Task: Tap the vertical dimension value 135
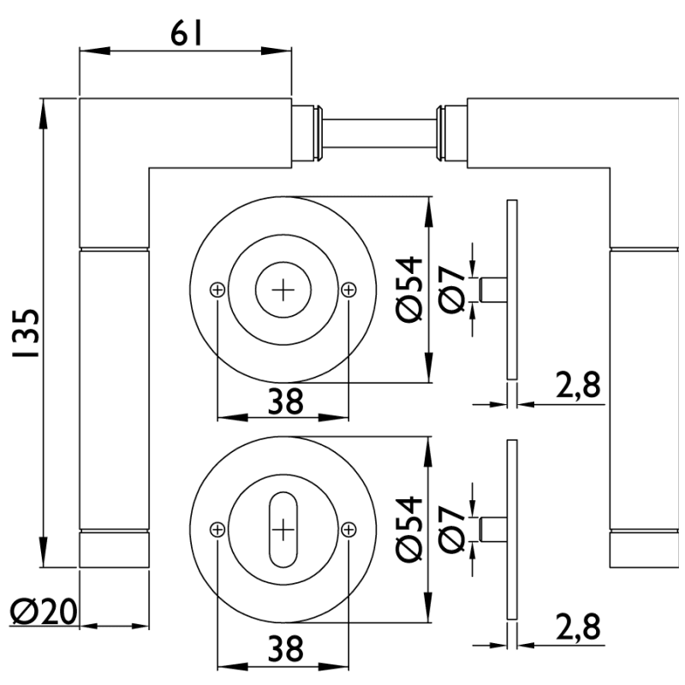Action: point(26,332)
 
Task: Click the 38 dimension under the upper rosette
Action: point(283,401)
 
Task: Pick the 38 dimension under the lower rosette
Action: point(283,648)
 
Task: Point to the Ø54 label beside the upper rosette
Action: point(411,289)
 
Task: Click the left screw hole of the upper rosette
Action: point(217,290)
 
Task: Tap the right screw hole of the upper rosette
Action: point(348,290)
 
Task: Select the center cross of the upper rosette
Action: point(283,290)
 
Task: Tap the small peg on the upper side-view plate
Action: point(493,290)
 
